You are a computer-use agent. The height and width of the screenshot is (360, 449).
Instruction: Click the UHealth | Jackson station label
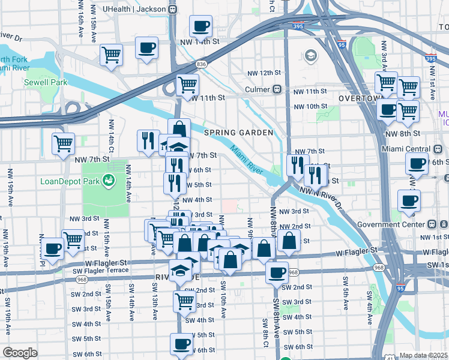[x=135, y=10]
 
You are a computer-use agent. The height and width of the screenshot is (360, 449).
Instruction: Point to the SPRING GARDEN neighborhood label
[x=238, y=133]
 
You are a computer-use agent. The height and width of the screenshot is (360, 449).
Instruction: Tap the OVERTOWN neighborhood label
[x=360, y=98]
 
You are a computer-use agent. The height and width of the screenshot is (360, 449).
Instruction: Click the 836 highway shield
[x=201, y=63]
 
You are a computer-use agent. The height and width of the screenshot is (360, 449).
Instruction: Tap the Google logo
[x=20, y=353]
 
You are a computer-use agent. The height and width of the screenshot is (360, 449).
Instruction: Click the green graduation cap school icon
[x=310, y=56]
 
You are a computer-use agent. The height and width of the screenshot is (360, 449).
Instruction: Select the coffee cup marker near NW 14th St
[x=200, y=26]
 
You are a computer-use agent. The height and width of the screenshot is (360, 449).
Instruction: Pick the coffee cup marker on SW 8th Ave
[x=277, y=273]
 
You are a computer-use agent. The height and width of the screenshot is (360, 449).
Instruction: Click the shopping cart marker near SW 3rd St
[x=184, y=301]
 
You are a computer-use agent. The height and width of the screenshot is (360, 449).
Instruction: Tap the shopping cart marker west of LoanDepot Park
[x=63, y=143]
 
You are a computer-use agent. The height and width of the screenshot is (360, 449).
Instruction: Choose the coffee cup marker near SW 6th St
[x=181, y=345]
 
